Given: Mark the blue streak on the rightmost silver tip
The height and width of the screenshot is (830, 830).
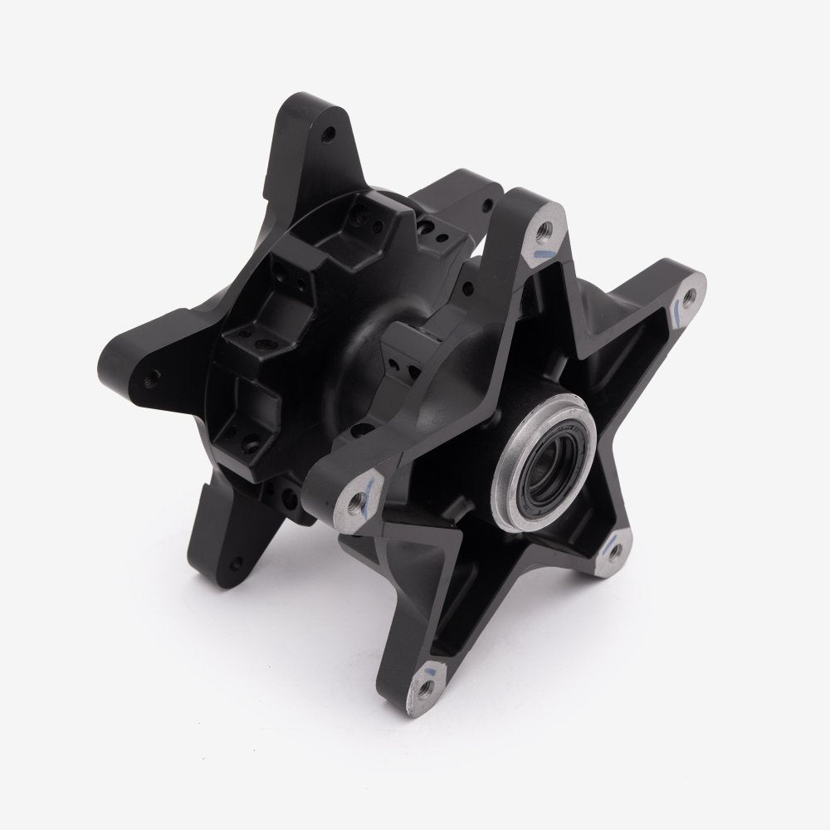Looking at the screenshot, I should coord(678,312).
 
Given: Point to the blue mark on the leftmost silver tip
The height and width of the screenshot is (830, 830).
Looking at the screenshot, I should coord(369,481).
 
